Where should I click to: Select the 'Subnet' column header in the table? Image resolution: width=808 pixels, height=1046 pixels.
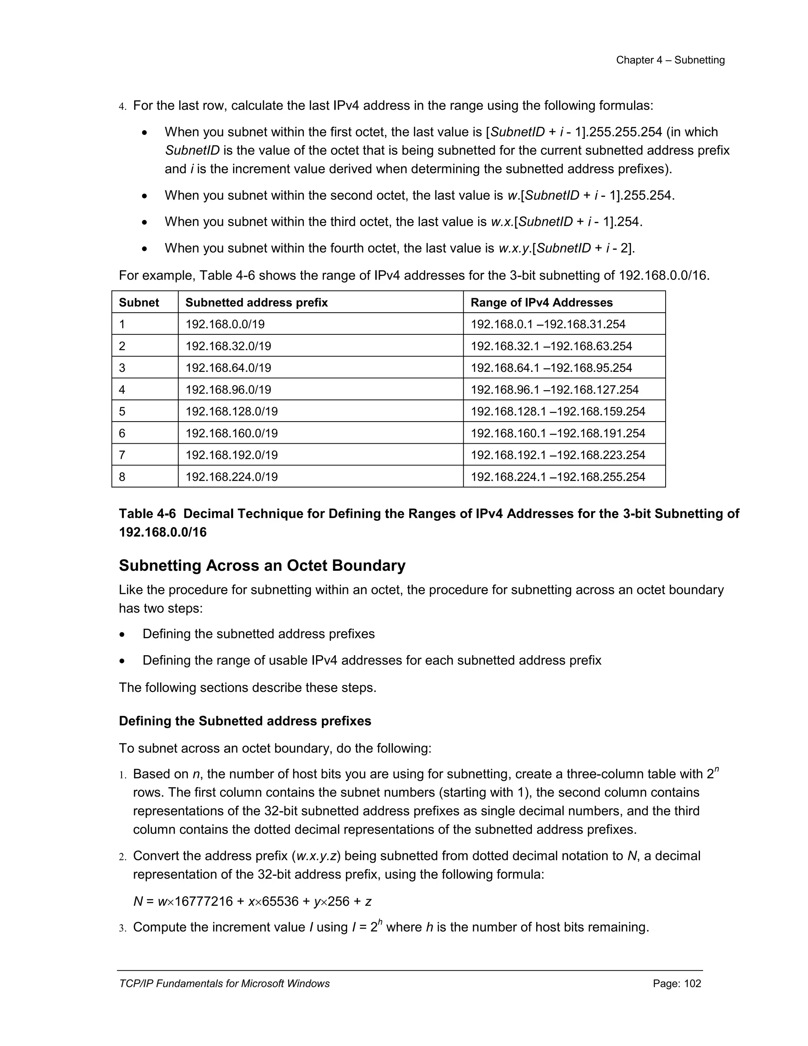(139, 303)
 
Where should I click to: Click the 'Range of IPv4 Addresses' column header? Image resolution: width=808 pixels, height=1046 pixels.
(541, 303)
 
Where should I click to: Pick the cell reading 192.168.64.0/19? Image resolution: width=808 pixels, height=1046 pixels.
(228, 368)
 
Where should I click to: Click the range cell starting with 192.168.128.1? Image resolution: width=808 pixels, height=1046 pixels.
(557, 411)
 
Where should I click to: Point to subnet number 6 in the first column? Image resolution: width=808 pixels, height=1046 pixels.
(122, 433)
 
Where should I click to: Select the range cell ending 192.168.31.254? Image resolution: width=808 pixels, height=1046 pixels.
(548, 324)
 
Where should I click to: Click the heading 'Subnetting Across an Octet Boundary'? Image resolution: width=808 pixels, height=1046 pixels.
(262, 566)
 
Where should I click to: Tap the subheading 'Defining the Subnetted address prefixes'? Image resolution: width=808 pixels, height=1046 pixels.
(245, 721)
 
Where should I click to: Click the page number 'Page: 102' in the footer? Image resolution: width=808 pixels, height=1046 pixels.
(676, 984)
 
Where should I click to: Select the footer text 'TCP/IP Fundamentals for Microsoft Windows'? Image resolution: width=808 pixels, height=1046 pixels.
(224, 984)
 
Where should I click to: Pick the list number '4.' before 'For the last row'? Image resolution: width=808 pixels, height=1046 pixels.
(123, 106)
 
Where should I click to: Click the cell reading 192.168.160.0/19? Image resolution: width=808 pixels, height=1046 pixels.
(231, 433)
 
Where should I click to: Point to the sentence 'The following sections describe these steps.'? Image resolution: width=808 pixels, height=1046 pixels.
(247, 688)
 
